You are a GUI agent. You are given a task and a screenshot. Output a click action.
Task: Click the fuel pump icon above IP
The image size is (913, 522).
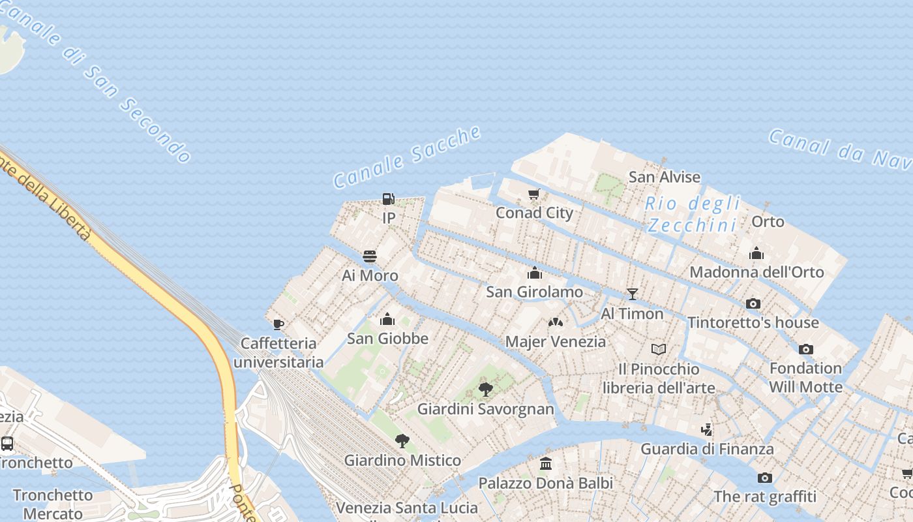(389, 199)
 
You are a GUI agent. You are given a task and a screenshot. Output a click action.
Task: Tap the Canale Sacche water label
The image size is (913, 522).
(407, 157)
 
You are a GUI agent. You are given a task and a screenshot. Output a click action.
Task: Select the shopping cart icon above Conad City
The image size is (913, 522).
(534, 194)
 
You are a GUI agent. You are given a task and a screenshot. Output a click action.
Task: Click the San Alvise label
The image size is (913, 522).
(664, 177)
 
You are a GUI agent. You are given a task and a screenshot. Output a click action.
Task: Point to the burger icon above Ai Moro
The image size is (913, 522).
(370, 256)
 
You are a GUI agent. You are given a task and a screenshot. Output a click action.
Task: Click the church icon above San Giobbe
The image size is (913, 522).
(387, 319)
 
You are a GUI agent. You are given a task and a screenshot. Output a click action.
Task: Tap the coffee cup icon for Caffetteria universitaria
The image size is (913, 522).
(278, 324)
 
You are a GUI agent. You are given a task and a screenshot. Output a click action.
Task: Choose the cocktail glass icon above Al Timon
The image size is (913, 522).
(632, 294)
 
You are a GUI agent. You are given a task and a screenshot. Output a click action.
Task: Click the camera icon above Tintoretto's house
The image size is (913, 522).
(753, 303)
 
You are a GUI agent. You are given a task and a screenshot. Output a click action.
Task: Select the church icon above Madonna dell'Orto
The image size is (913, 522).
(756, 253)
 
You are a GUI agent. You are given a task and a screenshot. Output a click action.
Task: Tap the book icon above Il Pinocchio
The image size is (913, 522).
(659, 350)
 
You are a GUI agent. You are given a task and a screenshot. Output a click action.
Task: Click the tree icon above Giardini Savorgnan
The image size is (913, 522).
(485, 390)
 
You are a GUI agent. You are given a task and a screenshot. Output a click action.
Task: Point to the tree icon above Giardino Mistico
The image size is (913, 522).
(402, 441)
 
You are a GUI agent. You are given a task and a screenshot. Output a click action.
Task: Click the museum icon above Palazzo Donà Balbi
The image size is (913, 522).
(546, 464)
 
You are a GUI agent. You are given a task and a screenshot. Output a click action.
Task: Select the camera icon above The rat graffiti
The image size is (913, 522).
(765, 478)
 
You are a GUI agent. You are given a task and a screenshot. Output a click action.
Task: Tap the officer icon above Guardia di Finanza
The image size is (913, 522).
(707, 429)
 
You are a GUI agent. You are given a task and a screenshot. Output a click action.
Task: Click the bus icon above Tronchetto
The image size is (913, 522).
(7, 444)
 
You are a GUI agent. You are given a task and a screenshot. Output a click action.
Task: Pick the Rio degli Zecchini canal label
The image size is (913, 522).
(693, 214)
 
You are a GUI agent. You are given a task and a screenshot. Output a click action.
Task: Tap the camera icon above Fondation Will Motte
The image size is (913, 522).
(806, 349)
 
